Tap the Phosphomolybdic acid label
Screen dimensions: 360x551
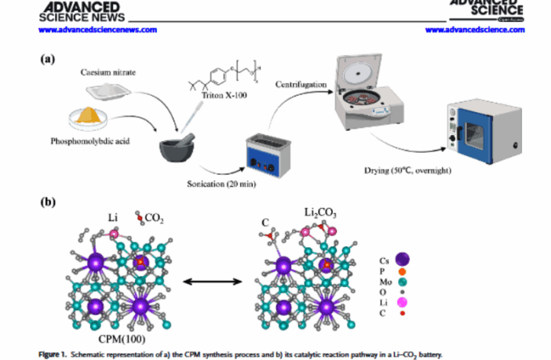[89, 144]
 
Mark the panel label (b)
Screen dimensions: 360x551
[49, 201]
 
